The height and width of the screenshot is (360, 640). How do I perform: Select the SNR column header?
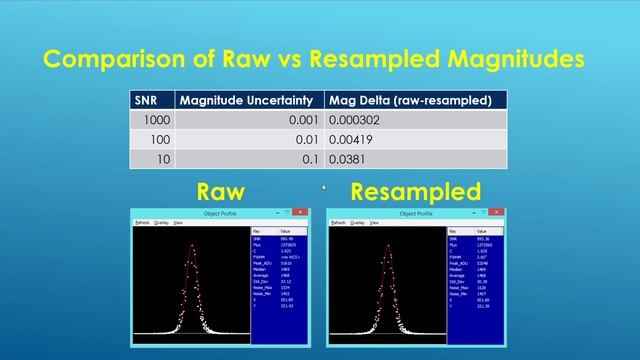(x=147, y=100)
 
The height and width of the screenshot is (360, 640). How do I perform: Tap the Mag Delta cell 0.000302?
(x=360, y=120)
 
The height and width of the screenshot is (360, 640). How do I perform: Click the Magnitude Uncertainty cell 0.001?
(x=306, y=120)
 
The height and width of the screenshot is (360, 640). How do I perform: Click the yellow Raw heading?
(x=220, y=191)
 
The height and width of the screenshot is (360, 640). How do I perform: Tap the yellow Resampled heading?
(x=416, y=191)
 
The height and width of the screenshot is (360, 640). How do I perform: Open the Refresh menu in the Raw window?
(x=141, y=222)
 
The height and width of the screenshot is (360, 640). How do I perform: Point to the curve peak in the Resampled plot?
(x=386, y=249)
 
